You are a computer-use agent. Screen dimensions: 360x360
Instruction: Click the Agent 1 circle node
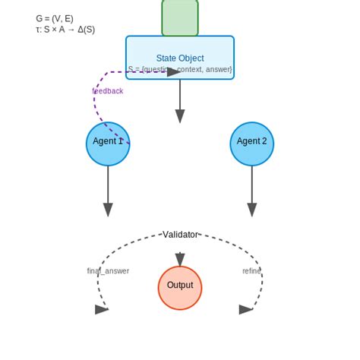coord(108,144)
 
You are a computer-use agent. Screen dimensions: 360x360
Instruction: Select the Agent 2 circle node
coord(251,144)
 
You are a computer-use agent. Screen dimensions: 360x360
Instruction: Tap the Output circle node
coord(180,288)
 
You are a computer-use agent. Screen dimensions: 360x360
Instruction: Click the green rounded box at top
coord(180,17)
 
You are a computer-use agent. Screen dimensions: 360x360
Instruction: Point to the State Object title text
coord(180,58)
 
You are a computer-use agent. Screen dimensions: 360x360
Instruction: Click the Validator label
coord(180,235)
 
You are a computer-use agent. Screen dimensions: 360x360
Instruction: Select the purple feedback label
coord(108,91)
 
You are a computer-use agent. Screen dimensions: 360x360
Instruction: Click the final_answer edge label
coord(108,271)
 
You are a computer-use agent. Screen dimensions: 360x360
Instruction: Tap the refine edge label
coord(251,271)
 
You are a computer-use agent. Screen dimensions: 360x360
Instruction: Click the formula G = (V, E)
coord(55,18)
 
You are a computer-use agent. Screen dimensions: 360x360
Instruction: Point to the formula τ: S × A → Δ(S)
coord(65,30)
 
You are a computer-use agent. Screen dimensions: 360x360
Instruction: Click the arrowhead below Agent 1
coord(108,210)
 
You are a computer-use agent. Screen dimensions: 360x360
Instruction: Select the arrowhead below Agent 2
coord(251,210)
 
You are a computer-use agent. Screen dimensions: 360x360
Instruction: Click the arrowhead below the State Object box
coord(180,115)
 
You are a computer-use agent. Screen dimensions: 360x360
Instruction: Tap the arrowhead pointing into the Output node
coord(180,260)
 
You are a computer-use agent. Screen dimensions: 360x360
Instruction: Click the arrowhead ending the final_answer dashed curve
coord(102,309)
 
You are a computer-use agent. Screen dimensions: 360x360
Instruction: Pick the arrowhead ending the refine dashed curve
coord(245,309)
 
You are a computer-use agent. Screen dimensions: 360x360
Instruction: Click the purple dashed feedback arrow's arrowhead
coord(174,72)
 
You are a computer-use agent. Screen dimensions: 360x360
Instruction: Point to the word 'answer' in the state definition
coord(218,70)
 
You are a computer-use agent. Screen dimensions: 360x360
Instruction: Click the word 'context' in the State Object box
coord(191,70)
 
